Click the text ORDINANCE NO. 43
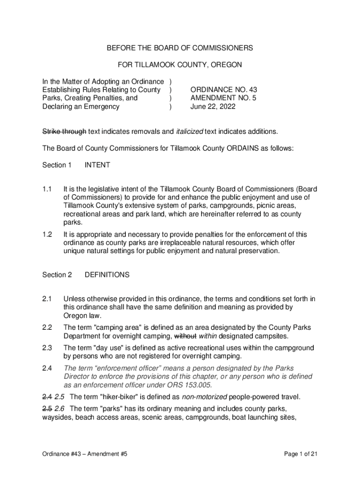point(223,89)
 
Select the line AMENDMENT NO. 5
point(223,98)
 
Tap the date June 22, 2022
point(213,106)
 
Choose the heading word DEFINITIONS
point(107,275)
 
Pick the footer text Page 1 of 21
point(301,454)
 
